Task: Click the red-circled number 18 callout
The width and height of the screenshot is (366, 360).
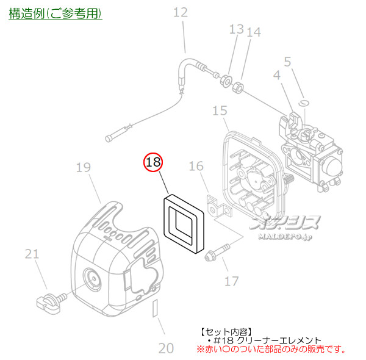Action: pyautogui.click(x=154, y=162)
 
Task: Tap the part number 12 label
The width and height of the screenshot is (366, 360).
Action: pyautogui.click(x=181, y=12)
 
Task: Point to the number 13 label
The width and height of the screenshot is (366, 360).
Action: pyautogui.click(x=236, y=29)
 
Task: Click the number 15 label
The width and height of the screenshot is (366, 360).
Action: pyautogui.click(x=220, y=110)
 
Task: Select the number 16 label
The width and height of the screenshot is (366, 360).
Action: pyautogui.click(x=195, y=166)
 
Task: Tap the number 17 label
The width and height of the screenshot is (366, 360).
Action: pyautogui.click(x=232, y=281)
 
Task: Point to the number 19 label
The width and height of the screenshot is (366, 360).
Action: pyautogui.click(x=84, y=167)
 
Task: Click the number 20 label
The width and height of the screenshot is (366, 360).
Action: pyautogui.click(x=166, y=348)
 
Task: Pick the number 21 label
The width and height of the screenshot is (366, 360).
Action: pyautogui.click(x=32, y=254)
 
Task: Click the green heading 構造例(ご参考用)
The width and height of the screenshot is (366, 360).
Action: pyautogui.click(x=56, y=13)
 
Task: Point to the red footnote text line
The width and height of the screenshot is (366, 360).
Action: pyautogui.click(x=272, y=350)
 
